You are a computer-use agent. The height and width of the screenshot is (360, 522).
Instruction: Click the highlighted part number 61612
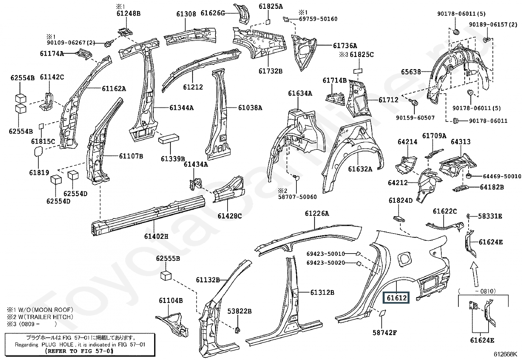(x=396, y=297)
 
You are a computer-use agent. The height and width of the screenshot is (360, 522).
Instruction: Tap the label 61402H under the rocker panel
(x=156, y=237)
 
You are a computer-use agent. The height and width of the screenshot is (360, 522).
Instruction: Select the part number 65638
(x=411, y=72)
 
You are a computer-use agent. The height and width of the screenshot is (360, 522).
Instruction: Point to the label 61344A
(x=181, y=107)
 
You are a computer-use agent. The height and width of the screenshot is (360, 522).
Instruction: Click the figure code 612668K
(x=505, y=354)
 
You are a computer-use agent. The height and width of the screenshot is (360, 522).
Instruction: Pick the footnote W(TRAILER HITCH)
(x=46, y=317)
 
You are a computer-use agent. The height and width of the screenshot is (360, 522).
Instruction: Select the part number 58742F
(x=384, y=332)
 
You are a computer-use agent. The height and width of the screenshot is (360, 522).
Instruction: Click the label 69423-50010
(x=326, y=254)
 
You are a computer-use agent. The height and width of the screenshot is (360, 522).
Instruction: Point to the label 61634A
(x=300, y=93)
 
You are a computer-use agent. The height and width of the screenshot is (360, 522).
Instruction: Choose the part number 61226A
(x=317, y=213)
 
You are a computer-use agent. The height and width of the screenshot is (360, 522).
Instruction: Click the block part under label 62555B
(x=166, y=276)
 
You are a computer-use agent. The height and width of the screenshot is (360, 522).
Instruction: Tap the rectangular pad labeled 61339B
(x=169, y=139)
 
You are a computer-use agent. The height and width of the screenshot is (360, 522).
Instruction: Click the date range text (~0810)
(x=477, y=291)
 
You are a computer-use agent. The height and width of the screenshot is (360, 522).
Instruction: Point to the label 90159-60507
(x=415, y=118)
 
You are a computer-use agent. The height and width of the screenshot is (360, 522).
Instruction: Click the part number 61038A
(x=250, y=107)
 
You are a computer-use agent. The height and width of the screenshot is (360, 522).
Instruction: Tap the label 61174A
(x=52, y=53)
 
